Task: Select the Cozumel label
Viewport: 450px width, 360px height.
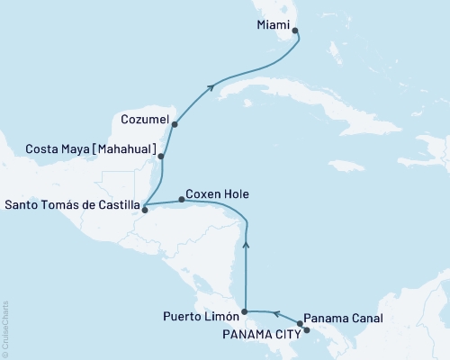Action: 143,118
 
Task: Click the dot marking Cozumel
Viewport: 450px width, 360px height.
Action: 175,124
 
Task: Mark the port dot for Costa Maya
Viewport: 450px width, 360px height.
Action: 161,157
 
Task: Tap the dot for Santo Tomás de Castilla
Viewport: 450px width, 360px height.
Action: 144,211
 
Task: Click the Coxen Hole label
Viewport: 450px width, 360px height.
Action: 217,193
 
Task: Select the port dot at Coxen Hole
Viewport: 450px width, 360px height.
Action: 182,199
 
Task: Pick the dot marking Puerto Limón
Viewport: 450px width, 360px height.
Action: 245,311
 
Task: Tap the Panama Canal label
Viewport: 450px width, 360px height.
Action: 345,318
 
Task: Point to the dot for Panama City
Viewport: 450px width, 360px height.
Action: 307,330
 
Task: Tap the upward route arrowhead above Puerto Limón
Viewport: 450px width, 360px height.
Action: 245,242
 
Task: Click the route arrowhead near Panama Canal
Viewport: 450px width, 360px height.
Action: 277,314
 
